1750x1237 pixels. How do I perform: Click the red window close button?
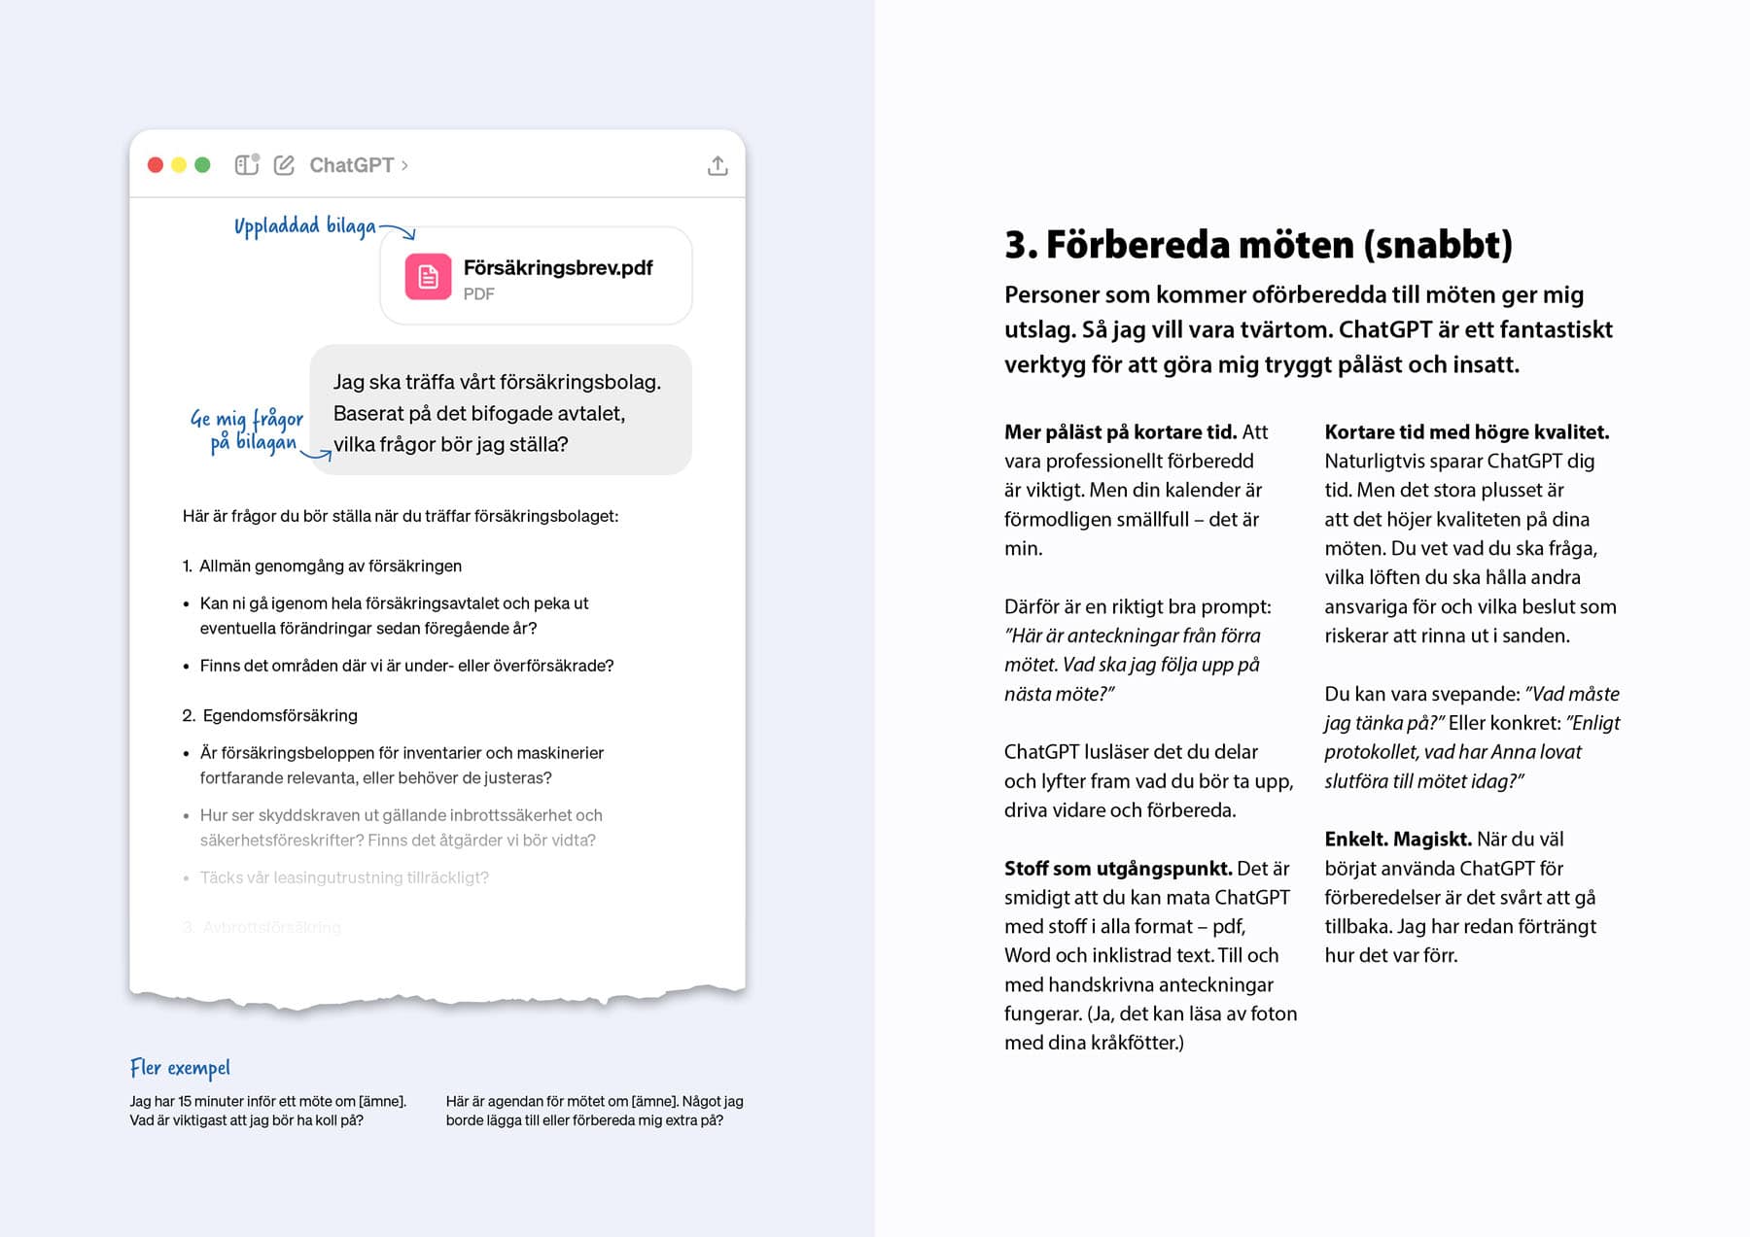pos(156,165)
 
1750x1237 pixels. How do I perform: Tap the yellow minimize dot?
pos(179,165)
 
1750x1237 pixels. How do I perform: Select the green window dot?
pos(202,165)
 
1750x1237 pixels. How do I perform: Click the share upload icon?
pos(717,166)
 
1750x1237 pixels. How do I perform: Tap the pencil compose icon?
pos(284,165)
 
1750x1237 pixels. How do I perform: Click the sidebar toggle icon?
pos(247,164)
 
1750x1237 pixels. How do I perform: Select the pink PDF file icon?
pos(428,277)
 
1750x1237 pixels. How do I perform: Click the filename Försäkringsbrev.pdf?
pos(557,267)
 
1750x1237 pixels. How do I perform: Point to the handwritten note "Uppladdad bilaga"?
pos(304,226)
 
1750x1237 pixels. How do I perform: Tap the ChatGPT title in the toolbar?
pos(352,165)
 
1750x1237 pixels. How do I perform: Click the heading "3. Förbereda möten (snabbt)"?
pos(1258,244)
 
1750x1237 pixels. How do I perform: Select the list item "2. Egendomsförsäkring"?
pos(270,715)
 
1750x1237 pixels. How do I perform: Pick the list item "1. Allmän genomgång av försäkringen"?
pos(322,566)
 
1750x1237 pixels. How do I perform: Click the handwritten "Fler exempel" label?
pos(180,1068)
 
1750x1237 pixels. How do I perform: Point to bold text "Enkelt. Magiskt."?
pos(1396,839)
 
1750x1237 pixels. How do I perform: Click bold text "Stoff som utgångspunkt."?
pos(1118,868)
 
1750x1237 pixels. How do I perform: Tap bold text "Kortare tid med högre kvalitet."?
pos(1466,431)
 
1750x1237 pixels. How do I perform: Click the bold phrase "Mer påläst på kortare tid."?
pos(1120,431)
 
